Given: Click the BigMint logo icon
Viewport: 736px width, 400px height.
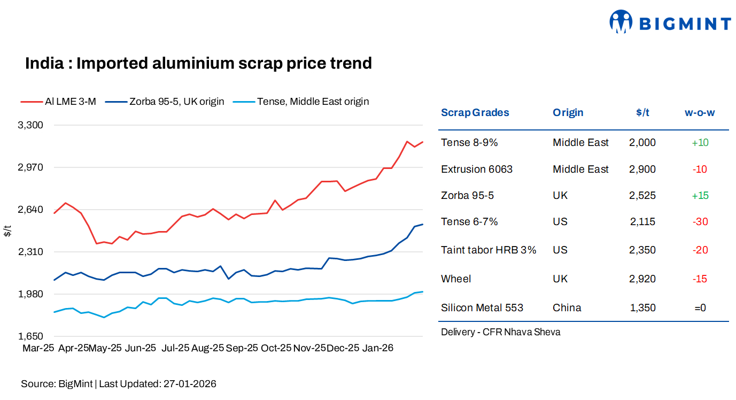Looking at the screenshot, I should [621, 22].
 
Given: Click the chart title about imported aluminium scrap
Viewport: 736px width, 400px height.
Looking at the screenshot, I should [198, 63].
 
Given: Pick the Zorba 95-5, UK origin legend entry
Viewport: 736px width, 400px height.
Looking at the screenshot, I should [165, 101].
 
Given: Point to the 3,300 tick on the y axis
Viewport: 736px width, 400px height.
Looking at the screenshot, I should [31, 125].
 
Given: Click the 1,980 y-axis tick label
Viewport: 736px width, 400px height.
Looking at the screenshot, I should [31, 294].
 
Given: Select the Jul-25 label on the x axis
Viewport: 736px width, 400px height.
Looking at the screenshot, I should [175, 348].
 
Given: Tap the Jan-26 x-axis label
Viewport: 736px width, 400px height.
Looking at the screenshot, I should [378, 348].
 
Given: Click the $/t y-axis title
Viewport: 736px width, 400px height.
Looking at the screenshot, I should [7, 232].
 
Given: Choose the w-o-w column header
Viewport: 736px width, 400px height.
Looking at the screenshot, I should [700, 112].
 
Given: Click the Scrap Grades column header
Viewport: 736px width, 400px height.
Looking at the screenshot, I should [475, 112].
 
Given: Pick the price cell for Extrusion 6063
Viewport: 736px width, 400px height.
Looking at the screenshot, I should [642, 169].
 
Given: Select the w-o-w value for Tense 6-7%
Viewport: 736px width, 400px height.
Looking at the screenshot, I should [700, 221].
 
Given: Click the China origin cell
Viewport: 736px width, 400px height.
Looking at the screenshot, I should [567, 307].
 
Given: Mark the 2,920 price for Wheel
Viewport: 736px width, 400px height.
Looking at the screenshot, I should [642, 279].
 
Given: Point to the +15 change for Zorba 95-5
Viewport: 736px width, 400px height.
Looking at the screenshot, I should [700, 195].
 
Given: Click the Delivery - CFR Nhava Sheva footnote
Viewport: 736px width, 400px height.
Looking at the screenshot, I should [500, 332].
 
